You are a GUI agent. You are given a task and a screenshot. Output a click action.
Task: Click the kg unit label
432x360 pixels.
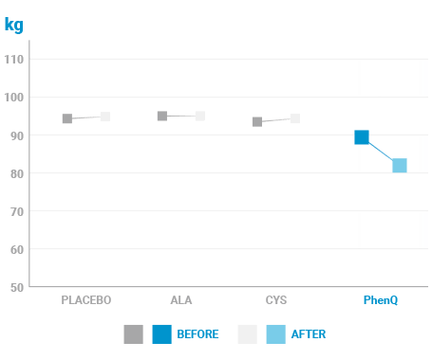(x=14, y=25)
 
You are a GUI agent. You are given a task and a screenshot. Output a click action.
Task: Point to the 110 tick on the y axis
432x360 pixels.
(x=14, y=60)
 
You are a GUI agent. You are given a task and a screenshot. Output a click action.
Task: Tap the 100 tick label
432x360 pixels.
(x=14, y=98)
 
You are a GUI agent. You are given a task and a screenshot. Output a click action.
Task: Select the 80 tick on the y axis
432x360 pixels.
(x=17, y=173)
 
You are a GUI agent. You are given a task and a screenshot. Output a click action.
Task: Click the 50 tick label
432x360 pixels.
(x=17, y=288)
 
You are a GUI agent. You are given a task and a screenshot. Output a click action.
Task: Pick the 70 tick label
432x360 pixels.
(x=17, y=211)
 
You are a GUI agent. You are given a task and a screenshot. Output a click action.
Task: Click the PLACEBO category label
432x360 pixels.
(x=86, y=300)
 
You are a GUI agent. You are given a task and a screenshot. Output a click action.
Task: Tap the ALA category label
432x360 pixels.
(x=181, y=300)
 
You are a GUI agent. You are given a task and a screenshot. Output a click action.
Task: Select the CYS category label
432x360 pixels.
(x=276, y=300)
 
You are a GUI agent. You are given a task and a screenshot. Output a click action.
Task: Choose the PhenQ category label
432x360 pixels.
(x=381, y=300)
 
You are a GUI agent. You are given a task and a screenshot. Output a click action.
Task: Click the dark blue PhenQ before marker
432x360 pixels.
(x=362, y=137)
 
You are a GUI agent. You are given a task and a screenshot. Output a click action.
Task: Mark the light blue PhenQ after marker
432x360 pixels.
(x=400, y=166)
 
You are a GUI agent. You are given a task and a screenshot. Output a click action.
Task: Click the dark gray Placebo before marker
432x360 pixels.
(x=67, y=118)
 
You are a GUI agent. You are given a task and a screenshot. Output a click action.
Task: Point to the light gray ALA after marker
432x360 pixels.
(x=200, y=117)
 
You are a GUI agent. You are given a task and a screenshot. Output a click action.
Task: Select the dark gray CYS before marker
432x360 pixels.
(x=257, y=122)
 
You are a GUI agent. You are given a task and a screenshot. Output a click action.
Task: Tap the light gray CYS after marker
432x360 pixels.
(x=295, y=118)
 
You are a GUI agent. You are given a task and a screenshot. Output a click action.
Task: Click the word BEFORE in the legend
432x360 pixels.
(x=197, y=334)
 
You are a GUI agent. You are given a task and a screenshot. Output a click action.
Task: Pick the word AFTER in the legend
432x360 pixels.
(x=309, y=334)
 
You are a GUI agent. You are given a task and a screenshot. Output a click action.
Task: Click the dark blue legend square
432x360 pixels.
(x=162, y=334)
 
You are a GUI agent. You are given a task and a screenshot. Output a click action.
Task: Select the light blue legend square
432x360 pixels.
(x=276, y=334)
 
